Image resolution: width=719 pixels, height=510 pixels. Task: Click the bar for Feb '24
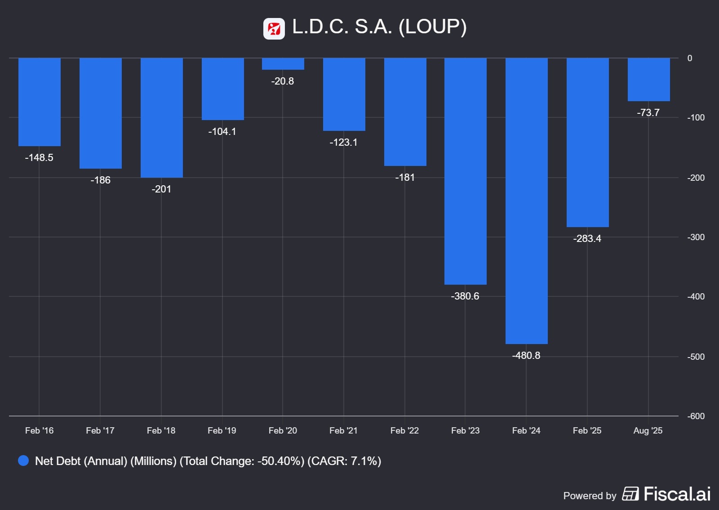point(526,201)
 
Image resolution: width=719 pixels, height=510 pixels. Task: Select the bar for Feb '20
point(283,64)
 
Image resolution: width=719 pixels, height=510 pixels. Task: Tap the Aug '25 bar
point(648,80)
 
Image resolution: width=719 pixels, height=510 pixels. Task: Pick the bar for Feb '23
point(465,171)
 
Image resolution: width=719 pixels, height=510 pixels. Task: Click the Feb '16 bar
point(40,102)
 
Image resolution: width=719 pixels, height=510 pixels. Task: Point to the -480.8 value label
point(526,355)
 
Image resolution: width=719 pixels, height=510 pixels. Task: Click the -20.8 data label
point(283,81)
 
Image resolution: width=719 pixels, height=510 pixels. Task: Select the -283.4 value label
point(587,238)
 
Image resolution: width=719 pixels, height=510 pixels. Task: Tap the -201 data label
point(161,189)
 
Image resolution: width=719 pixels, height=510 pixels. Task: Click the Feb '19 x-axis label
point(222,430)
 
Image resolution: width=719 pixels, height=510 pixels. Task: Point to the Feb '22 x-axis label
point(404,430)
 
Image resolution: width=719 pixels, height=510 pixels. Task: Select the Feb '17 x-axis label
point(100,430)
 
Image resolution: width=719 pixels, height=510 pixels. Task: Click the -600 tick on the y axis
point(696,416)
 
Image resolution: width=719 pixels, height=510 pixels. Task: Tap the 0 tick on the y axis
point(690,58)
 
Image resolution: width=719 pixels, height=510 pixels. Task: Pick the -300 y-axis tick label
point(696,237)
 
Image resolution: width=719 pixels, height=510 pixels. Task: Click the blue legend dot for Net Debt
point(23,461)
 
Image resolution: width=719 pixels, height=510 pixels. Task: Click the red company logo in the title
point(274,29)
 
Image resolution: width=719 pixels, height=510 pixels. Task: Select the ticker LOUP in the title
point(432,27)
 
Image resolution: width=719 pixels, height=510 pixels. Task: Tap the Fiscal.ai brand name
point(677,494)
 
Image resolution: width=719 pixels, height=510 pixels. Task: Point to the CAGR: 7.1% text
point(344,461)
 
